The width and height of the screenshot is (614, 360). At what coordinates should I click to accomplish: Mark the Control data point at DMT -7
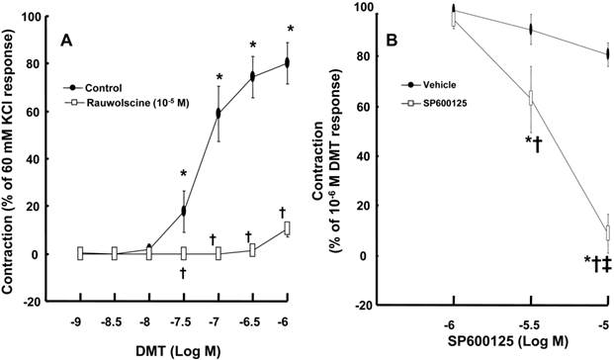[218, 113]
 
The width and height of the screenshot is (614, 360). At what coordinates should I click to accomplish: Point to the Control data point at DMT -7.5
[183, 211]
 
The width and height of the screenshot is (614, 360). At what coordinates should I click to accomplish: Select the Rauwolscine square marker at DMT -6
[287, 227]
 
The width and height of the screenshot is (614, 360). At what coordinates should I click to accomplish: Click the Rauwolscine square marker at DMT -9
[79, 253]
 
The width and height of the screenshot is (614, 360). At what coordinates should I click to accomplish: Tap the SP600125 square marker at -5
[607, 234]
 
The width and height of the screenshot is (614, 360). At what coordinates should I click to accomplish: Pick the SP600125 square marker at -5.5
[531, 98]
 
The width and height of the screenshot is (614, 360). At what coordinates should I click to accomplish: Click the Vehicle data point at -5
[607, 53]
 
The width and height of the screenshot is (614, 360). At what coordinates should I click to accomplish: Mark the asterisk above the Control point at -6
[291, 29]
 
